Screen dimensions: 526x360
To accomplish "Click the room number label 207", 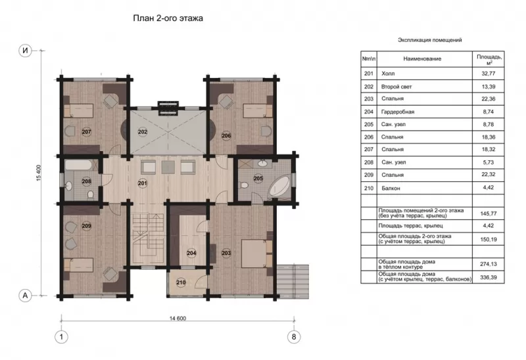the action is tap(86, 132).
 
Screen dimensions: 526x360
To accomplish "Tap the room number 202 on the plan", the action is tap(143, 132).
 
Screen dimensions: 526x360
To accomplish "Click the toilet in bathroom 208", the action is tap(90, 194).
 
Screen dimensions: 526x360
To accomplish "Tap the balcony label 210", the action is tap(181, 282).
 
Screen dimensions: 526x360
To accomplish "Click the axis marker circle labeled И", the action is tap(25, 51).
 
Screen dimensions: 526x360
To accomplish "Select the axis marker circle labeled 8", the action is tap(294, 336).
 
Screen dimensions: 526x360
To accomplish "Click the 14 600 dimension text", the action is tap(178, 319).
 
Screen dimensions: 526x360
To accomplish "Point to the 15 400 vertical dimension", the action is tap(38, 173).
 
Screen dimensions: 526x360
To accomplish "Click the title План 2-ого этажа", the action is tap(168, 18).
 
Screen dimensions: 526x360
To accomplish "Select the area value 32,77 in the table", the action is tap(488, 74).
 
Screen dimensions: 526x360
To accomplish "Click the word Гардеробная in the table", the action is tap(398, 112).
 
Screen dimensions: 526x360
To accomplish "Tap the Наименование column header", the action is tap(422, 59).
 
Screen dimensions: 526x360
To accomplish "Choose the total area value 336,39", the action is tap(488, 277).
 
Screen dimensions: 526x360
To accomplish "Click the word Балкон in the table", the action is tap(391, 189).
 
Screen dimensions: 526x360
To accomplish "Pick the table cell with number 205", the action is tap(369, 124).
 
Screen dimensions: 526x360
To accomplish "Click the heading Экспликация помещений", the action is tap(430, 40).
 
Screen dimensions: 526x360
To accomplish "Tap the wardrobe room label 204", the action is tap(191, 253).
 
